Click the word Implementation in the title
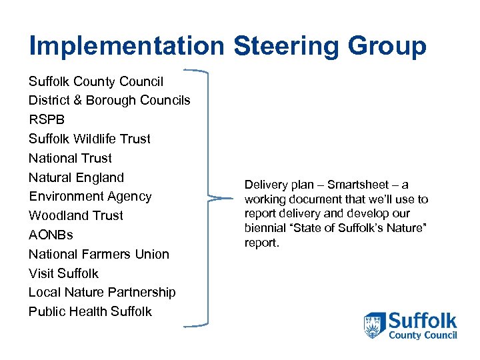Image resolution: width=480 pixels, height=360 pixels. (127, 46)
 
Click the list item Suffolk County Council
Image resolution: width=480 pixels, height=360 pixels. (96, 81)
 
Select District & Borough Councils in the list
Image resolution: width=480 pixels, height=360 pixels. (109, 101)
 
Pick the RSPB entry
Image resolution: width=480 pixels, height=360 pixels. (47, 120)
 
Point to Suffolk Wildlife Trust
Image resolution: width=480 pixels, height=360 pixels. (89, 139)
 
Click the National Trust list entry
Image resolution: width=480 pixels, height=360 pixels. (70, 158)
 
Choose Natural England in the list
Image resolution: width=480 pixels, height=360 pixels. (76, 177)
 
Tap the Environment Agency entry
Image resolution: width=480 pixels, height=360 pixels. (90, 196)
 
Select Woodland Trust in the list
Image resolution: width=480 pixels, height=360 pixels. (75, 215)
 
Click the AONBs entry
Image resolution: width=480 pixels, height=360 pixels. (51, 235)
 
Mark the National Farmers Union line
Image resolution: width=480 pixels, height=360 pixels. (99, 254)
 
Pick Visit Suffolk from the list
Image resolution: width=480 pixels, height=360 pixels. (63, 273)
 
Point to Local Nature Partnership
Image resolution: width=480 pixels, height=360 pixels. (102, 292)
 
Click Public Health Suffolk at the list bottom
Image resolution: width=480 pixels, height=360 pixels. (90, 311)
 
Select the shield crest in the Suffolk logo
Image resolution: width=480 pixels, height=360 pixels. (374, 325)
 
